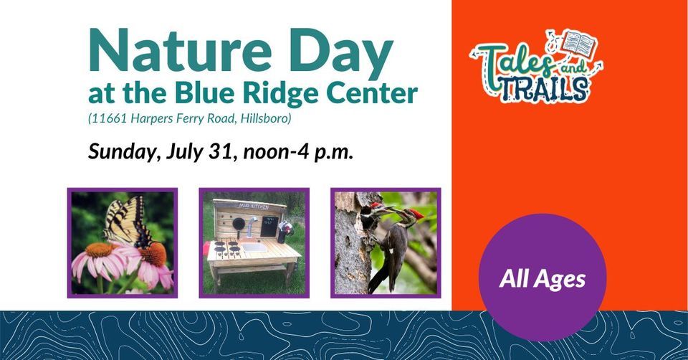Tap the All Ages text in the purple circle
[542, 278]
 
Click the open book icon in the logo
[578, 44]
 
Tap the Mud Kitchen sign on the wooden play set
[253, 205]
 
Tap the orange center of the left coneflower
[101, 251]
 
